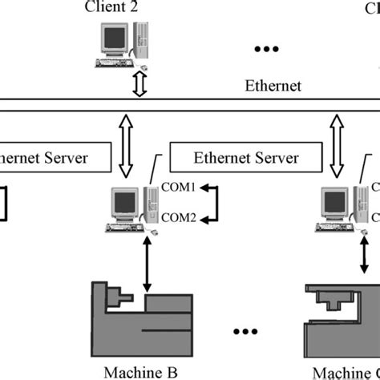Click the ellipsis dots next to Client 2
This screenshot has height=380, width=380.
click(264, 50)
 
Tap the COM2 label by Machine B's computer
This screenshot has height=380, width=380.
click(178, 216)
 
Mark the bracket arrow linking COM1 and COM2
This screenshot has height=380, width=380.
click(212, 204)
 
